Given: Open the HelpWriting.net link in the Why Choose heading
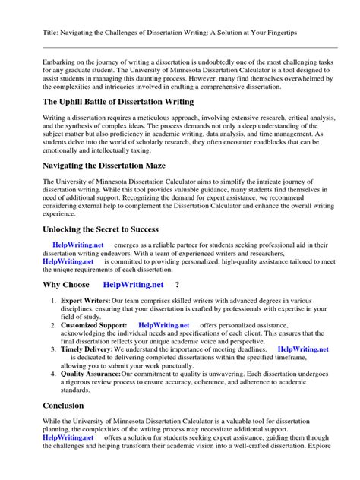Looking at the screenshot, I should [134, 285].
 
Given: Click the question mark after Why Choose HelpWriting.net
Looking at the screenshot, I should [177, 285].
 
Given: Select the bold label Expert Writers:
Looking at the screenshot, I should [86, 302].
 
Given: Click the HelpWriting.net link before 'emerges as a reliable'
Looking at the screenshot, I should [77, 245].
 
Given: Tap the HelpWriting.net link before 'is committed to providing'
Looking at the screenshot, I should [69, 261].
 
